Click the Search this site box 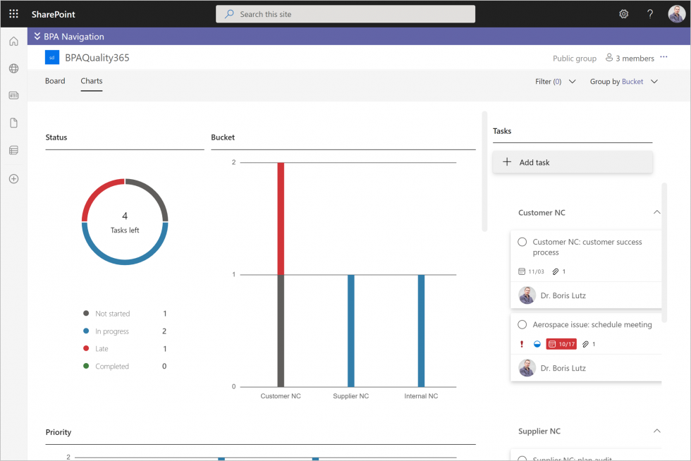point(345,14)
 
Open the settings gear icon point(623,14)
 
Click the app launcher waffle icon point(13,14)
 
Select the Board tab point(55,81)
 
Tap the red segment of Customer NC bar point(281,219)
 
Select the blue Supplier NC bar point(350,331)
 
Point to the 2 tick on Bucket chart point(234,163)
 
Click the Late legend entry point(102,349)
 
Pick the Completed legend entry point(111,367)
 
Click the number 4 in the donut point(125,216)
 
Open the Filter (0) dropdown point(556,82)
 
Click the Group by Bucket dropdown point(624,82)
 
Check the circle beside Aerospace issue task point(522,325)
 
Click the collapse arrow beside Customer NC point(656,212)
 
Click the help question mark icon point(650,14)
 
